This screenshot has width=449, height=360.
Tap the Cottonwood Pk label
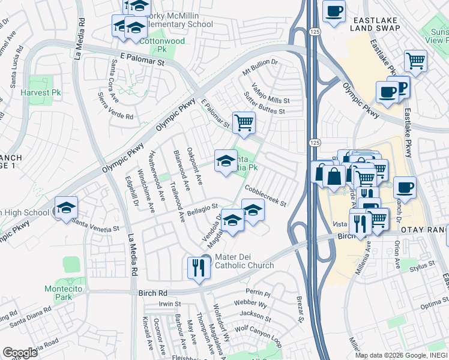pos(162,41)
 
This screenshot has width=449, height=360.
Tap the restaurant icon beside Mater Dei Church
pos(197,268)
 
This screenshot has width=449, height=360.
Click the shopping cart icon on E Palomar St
pos(243,122)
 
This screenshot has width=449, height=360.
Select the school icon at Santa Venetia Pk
pos(225,160)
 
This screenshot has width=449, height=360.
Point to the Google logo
pos(20,353)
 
